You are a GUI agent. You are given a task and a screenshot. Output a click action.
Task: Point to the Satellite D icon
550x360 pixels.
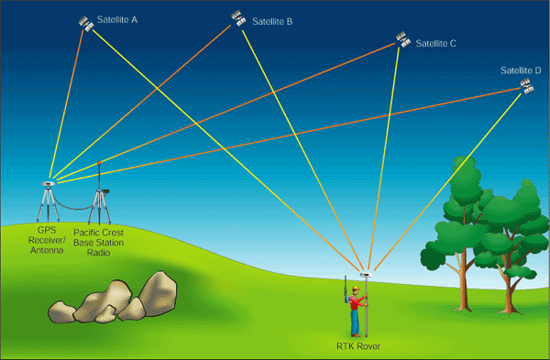point(527,87)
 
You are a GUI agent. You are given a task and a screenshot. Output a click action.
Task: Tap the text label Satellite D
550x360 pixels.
point(521,71)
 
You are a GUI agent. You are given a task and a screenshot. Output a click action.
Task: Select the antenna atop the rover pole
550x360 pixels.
point(366,273)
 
